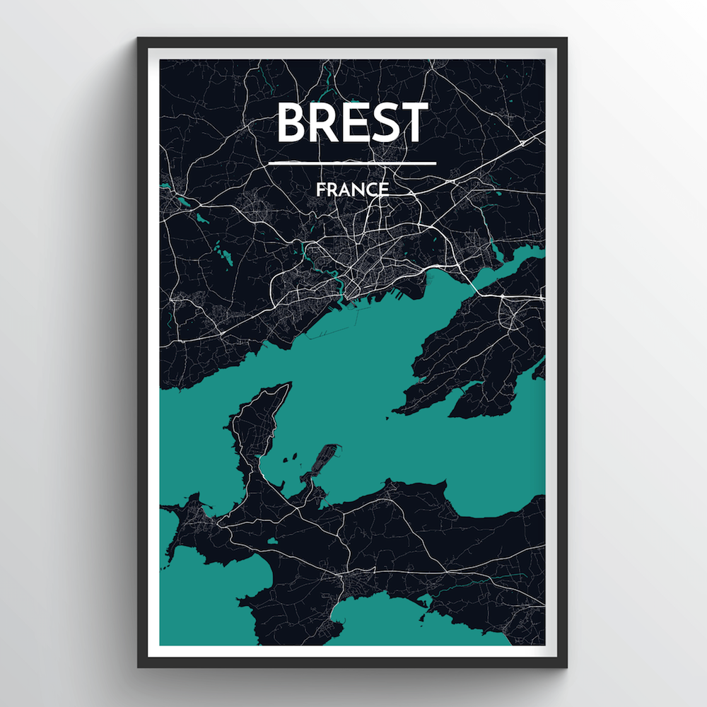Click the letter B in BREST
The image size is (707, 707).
pyautogui.click(x=291, y=122)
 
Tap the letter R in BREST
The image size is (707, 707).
pyautogui.click(x=322, y=122)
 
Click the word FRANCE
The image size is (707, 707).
pyautogui.click(x=352, y=189)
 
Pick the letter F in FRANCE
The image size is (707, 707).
pyautogui.click(x=321, y=189)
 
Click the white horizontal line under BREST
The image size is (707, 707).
pyautogui.click(x=352, y=163)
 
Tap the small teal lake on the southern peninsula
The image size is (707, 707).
pyautogui.click(x=271, y=542)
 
